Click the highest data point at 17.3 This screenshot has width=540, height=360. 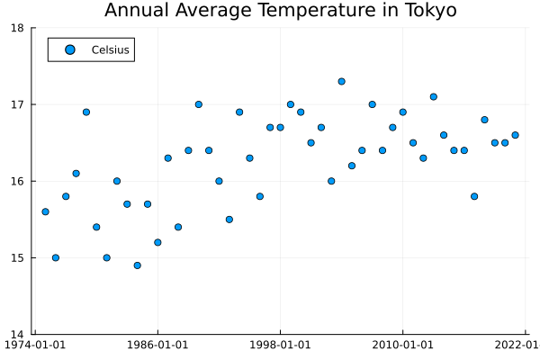point(342,81)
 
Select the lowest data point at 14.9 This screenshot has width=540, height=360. point(137,265)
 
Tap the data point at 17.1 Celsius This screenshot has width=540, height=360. point(434,96)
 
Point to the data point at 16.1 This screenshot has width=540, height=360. point(76,174)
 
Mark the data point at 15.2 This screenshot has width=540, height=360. point(157,242)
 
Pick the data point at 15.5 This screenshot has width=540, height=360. point(229,220)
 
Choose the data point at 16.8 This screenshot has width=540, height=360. point(484,120)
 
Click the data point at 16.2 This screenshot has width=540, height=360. point(352,166)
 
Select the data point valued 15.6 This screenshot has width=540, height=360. point(45,211)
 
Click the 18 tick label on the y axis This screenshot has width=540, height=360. point(18,28)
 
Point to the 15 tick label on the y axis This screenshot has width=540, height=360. point(18,258)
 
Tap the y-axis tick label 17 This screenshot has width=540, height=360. point(18,104)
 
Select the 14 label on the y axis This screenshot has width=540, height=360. point(18,335)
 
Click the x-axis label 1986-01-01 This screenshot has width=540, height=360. point(157,344)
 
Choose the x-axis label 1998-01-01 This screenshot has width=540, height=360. point(280,344)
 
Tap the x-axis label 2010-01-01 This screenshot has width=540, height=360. point(402,344)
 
